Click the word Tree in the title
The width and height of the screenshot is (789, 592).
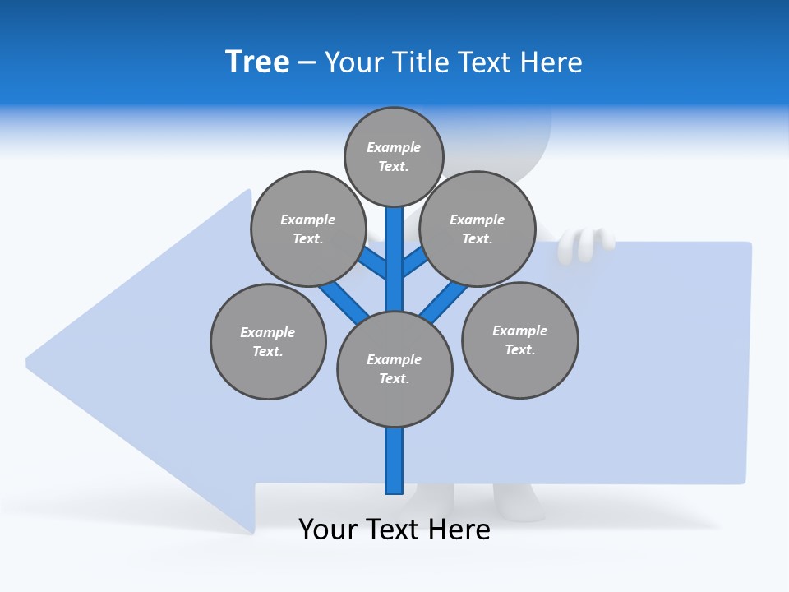click(257, 62)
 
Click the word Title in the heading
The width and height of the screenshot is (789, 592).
click(420, 62)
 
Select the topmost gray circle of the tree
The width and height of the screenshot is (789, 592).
click(394, 156)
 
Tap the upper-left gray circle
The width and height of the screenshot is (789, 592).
click(308, 229)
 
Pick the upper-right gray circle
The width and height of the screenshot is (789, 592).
click(478, 229)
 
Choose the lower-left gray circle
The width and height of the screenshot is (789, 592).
click(268, 341)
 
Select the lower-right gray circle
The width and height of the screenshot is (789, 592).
click(520, 340)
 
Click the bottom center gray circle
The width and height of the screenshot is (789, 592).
click(394, 369)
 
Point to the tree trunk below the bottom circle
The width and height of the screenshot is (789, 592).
click(394, 460)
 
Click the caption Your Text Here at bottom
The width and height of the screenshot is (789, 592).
click(394, 529)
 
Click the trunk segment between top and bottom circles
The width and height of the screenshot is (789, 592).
click(394, 259)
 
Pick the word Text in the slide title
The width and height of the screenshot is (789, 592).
click(485, 62)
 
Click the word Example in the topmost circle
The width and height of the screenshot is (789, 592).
click(394, 147)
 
